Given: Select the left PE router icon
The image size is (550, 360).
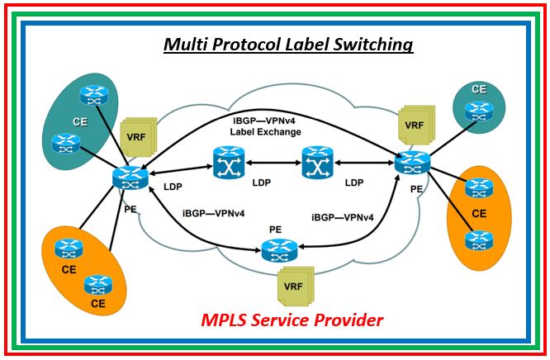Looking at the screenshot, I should [x=130, y=176].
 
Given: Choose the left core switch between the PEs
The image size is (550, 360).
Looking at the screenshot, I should [x=226, y=163].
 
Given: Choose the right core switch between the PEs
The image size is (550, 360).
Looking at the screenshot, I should [x=315, y=162].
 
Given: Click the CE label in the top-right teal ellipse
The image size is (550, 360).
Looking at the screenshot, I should [x=478, y=89].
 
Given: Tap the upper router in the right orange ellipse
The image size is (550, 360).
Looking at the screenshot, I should [x=478, y=189].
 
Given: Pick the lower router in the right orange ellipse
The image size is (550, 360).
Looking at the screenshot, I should [x=478, y=240].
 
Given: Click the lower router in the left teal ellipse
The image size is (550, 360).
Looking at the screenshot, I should [x=64, y=142].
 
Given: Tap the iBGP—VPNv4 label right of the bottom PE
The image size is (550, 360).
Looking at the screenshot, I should [x=343, y=217].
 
